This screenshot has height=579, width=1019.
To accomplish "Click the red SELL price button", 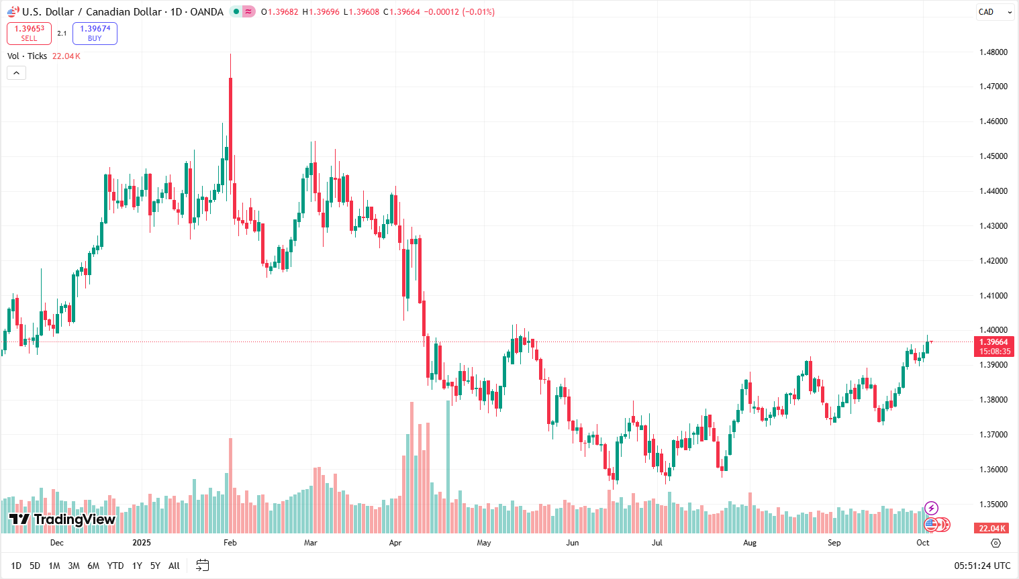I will click(x=29, y=34).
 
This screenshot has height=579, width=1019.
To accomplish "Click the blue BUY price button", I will click(x=95, y=34).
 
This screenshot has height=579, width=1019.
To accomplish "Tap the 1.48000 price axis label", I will click(x=993, y=52).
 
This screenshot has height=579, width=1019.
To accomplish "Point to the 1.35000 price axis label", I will click(x=993, y=505).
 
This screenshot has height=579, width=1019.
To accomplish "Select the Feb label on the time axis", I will click(x=230, y=543).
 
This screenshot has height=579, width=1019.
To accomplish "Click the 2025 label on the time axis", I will click(x=142, y=543).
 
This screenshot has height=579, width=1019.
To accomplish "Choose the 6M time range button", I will click(x=93, y=566).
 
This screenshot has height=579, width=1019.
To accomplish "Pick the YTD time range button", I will click(x=115, y=566).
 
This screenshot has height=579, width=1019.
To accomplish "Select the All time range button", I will click(x=174, y=566).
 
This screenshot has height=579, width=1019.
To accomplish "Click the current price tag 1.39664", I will click(x=993, y=342).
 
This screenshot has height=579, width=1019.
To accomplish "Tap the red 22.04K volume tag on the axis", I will click(x=992, y=528).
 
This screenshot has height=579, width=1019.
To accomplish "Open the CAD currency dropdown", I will click(x=994, y=12).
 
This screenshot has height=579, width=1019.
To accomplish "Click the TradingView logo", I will click(x=62, y=519).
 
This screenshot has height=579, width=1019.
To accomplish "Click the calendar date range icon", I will click(x=202, y=566).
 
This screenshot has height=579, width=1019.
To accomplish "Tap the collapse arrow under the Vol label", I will click(x=16, y=72).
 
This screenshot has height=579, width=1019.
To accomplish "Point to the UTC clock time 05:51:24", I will click(x=982, y=566).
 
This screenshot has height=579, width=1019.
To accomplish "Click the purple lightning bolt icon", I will click(x=931, y=508).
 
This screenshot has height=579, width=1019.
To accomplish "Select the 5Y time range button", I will click(x=155, y=566).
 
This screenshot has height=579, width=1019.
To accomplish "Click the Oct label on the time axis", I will click(x=923, y=543).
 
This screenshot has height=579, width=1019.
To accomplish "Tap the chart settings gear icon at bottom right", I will click(x=996, y=543).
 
